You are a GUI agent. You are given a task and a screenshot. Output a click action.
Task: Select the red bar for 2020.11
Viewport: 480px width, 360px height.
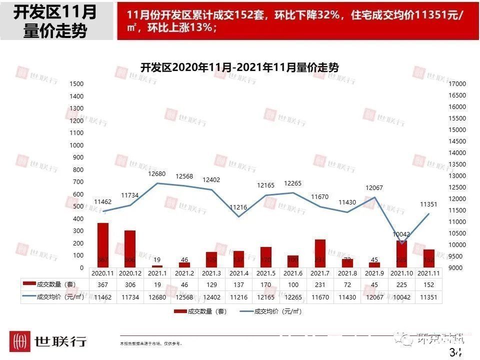click(x=103, y=245)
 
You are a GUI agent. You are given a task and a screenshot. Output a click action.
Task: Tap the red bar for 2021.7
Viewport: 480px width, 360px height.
click(x=320, y=253)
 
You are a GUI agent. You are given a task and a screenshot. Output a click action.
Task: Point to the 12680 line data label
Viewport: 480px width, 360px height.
click(x=157, y=174)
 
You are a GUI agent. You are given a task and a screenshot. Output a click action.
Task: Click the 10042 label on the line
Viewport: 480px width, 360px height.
click(x=401, y=234)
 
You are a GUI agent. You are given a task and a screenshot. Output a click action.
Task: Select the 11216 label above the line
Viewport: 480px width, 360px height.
click(x=239, y=207)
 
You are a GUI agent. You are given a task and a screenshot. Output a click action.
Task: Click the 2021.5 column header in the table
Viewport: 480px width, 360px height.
click(x=266, y=273)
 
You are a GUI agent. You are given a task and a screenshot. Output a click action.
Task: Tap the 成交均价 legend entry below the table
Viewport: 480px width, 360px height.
click(x=270, y=311)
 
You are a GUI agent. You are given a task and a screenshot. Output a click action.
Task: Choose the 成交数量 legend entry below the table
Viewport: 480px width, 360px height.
click(x=200, y=311)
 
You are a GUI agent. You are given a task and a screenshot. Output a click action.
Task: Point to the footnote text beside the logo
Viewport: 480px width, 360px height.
click(x=151, y=344)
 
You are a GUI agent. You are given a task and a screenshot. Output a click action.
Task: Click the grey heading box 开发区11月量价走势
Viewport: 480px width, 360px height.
click(x=55, y=21)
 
